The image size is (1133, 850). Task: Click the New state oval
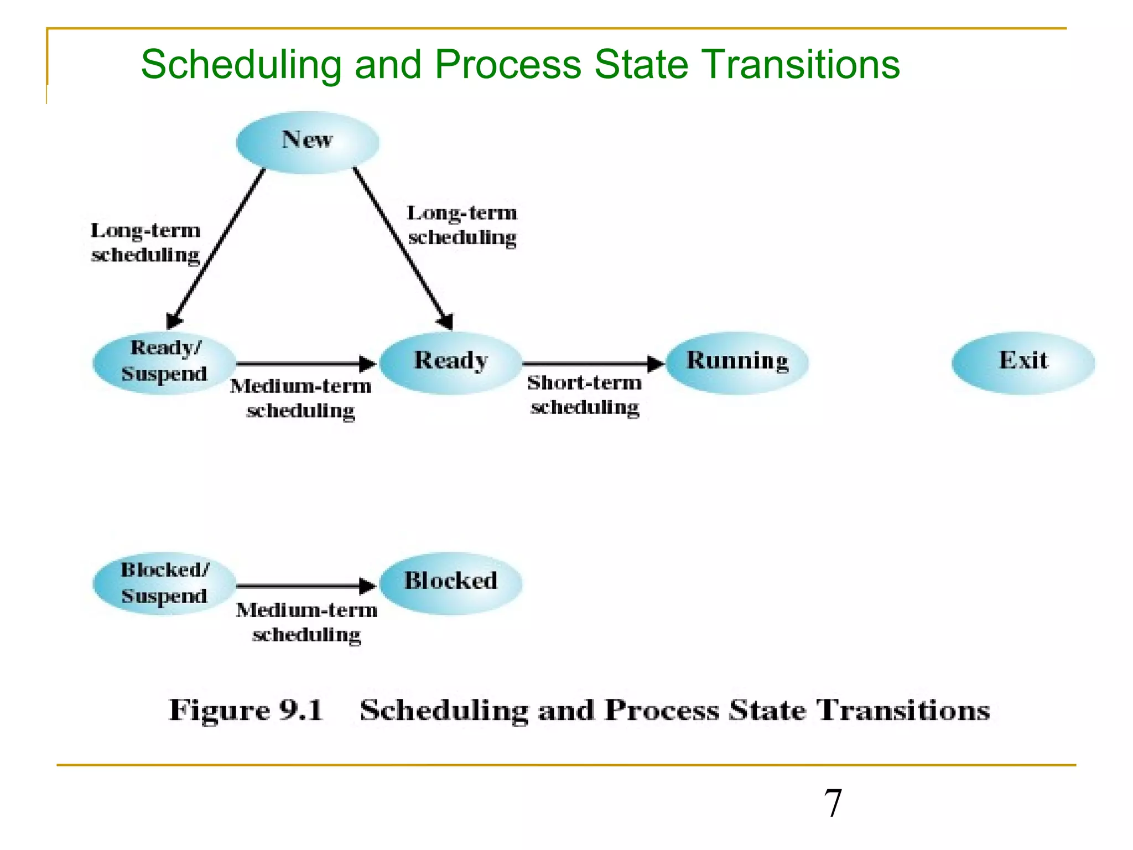308,142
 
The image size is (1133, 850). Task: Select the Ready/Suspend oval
164,362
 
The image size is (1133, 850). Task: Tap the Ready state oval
451,362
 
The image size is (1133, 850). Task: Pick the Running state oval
737,362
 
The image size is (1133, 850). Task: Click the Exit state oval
1023,362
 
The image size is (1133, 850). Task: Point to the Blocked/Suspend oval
164,583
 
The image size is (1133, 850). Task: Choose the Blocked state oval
451,583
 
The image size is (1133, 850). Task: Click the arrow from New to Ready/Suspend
216,249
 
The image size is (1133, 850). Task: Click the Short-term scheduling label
585,395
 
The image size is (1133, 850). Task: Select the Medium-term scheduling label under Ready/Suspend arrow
301,398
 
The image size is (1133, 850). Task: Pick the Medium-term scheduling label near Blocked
306,622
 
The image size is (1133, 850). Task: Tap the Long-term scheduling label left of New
145,242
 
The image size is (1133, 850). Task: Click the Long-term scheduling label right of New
462,225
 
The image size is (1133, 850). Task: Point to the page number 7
833,803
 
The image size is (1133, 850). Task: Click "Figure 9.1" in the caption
246,710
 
